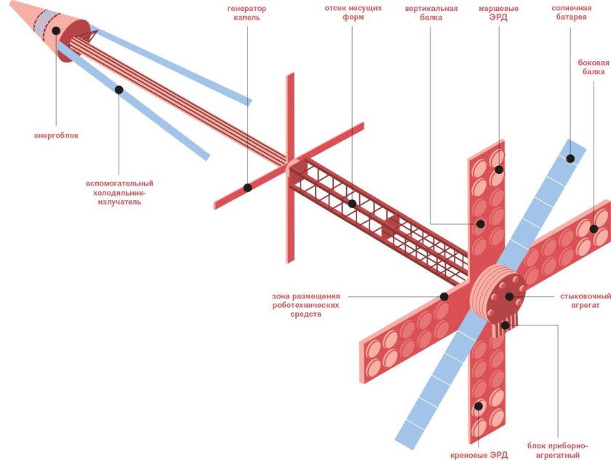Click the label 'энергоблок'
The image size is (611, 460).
tap(56, 135)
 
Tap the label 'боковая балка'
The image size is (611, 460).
tap(593, 67)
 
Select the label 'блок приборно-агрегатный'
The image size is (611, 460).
tap(559, 450)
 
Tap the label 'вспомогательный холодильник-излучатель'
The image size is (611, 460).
tap(119, 192)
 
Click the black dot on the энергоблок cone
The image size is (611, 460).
tap(56, 31)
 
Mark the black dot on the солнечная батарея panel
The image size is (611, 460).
tap(571, 158)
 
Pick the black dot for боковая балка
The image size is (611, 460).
tap(594, 229)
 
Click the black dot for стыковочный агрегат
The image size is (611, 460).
tap(509, 296)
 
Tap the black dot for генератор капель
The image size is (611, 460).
tap(247, 188)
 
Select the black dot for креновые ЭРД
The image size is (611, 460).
tap(479, 406)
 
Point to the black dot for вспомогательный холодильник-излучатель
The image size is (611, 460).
tap(119, 90)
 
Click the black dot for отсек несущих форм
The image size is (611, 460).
tap(352, 204)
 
